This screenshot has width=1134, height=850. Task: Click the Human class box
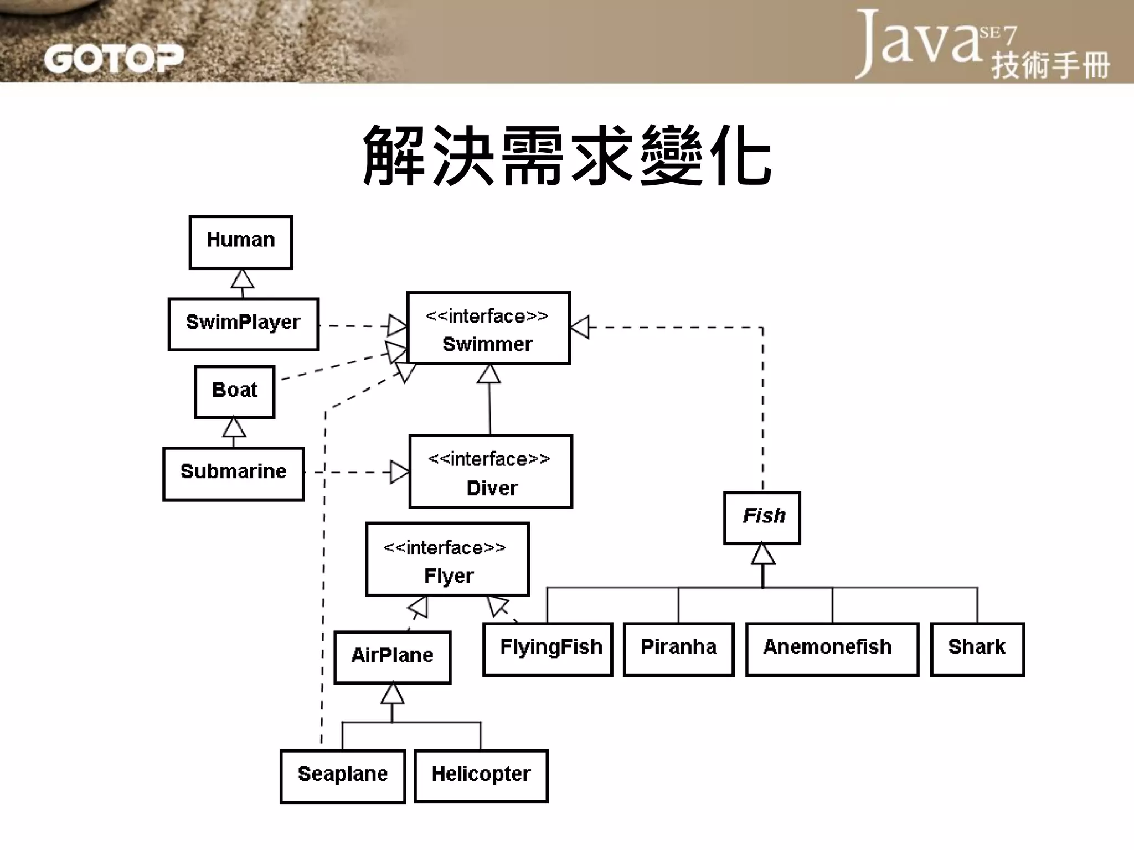[x=240, y=242]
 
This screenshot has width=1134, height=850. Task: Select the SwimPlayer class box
[x=243, y=324]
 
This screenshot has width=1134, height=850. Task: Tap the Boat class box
[x=234, y=391]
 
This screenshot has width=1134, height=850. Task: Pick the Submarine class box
[x=233, y=474]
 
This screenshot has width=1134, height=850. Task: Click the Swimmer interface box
[x=488, y=328]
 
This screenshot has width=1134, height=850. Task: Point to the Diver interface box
[x=491, y=471]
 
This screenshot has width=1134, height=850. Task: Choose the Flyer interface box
[x=447, y=559]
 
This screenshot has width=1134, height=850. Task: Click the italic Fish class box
[x=762, y=518]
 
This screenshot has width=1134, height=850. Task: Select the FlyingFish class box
[x=548, y=649]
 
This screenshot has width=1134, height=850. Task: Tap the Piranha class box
[x=678, y=649]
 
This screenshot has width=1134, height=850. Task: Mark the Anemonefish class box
[x=832, y=649]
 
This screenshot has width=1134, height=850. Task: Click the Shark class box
[x=977, y=649]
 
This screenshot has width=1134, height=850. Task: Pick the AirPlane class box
[x=392, y=657]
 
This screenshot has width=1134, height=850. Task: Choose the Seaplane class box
[x=343, y=776]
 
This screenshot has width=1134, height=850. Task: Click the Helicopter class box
[x=481, y=776]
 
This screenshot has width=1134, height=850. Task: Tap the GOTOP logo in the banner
[x=113, y=59]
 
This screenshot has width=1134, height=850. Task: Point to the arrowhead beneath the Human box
[x=242, y=279]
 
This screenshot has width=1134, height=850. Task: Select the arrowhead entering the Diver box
[x=399, y=472]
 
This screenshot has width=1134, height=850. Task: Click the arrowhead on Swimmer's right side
[x=580, y=327]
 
